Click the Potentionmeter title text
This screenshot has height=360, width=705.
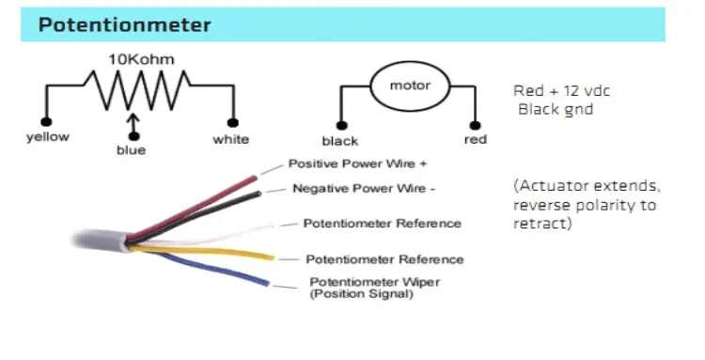click(x=124, y=24)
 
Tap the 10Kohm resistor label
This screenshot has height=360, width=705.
click(x=141, y=59)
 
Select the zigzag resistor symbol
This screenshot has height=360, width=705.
click(x=140, y=90)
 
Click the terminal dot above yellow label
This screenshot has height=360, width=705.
click(x=46, y=122)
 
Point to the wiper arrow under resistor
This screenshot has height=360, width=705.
click(x=133, y=124)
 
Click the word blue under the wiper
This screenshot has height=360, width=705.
click(x=132, y=150)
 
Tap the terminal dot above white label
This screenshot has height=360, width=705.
click(x=233, y=123)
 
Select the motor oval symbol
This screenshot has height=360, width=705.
click(x=410, y=86)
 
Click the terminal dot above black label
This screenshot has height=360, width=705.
click(x=342, y=125)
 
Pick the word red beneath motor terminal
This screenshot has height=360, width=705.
click(x=476, y=140)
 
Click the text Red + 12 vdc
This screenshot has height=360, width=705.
click(x=561, y=91)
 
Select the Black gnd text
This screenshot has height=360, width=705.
click(x=556, y=109)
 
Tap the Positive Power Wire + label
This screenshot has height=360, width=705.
click(x=357, y=164)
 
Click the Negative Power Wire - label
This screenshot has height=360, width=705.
click(x=364, y=188)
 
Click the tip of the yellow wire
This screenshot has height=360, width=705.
click(x=272, y=258)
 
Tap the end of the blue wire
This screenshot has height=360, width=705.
click(x=267, y=283)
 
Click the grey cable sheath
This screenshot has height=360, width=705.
click(x=99, y=239)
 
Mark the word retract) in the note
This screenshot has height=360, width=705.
click(x=542, y=224)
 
